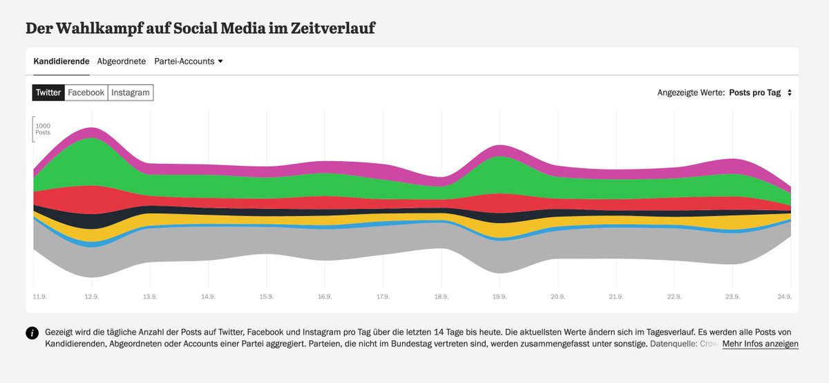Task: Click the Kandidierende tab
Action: pos(61,61)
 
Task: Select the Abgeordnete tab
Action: pos(122,61)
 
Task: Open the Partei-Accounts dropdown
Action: pos(189,61)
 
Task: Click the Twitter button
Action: pos(48,93)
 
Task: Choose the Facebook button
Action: pos(86,93)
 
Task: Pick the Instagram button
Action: pos(131,93)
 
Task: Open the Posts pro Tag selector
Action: pos(759,93)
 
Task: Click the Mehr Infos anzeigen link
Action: pos(760,344)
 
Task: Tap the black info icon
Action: pos(32,333)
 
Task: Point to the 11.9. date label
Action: pos(40,297)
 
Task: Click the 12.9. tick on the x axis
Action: pos(91,297)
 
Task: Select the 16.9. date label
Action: pos(324,297)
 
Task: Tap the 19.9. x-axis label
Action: pos(499,297)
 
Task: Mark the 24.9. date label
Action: pos(784,297)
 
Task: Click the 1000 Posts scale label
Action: pos(43,129)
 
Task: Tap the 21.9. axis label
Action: pos(616,297)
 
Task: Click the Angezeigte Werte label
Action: pos(690,93)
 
